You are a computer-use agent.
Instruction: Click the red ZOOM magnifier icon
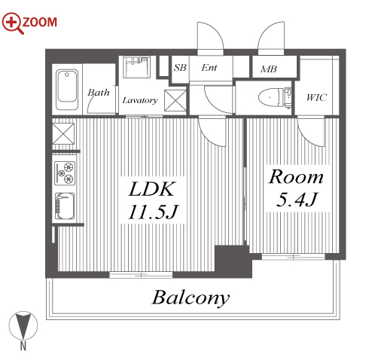(x=13, y=23)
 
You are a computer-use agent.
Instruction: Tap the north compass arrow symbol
(x=23, y=325)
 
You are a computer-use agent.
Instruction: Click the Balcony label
(x=191, y=298)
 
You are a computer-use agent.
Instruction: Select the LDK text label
(x=151, y=189)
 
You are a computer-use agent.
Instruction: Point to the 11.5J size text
(x=153, y=212)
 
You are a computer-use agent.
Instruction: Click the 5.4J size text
(x=297, y=200)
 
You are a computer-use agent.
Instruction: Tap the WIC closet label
(x=316, y=97)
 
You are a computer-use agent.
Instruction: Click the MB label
(x=269, y=69)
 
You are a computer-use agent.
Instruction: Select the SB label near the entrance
(x=180, y=68)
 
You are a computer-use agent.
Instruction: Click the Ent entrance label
(x=209, y=68)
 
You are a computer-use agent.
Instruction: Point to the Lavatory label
(x=140, y=100)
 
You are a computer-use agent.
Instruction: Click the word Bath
(x=99, y=93)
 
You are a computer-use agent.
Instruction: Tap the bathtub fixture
(x=67, y=90)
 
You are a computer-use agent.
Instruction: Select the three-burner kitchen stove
(x=65, y=172)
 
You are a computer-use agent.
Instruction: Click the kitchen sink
(x=65, y=206)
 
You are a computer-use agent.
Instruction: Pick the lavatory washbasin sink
(x=136, y=67)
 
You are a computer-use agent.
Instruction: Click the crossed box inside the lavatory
(x=175, y=100)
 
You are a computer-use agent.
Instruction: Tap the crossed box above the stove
(x=63, y=133)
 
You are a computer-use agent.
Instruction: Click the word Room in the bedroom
(x=296, y=177)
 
